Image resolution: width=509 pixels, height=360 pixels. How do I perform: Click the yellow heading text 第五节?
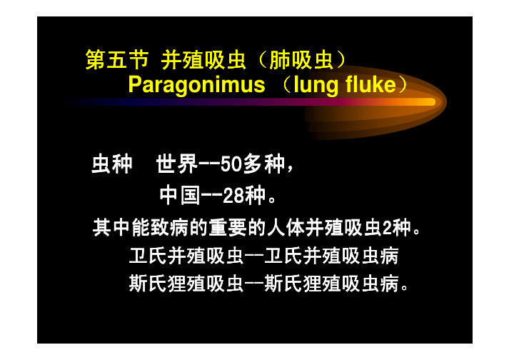click(x=117, y=60)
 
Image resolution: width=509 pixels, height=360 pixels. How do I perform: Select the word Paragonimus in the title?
click(x=197, y=84)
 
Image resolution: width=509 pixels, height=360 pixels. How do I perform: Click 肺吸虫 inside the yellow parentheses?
click(x=301, y=60)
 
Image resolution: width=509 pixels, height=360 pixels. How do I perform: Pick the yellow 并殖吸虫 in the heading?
click(x=203, y=60)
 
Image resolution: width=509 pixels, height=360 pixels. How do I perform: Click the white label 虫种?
click(x=112, y=164)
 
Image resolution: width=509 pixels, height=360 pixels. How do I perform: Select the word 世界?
click(x=177, y=164)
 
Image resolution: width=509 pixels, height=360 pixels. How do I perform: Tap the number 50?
click(x=231, y=164)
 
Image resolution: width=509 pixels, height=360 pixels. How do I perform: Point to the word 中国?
click(x=180, y=195)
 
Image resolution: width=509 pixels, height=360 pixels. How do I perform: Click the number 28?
click(x=233, y=195)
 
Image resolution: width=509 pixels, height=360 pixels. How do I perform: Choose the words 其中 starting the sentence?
click(x=111, y=227)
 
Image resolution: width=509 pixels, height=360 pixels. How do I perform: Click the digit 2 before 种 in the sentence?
click(x=387, y=227)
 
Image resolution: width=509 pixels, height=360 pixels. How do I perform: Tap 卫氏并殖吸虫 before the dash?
click(x=186, y=256)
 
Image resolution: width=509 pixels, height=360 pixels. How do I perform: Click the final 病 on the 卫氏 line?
click(x=390, y=256)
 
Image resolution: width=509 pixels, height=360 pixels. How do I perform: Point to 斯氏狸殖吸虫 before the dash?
click(x=186, y=283)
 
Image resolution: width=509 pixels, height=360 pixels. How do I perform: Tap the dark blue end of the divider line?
click(x=70, y=102)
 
